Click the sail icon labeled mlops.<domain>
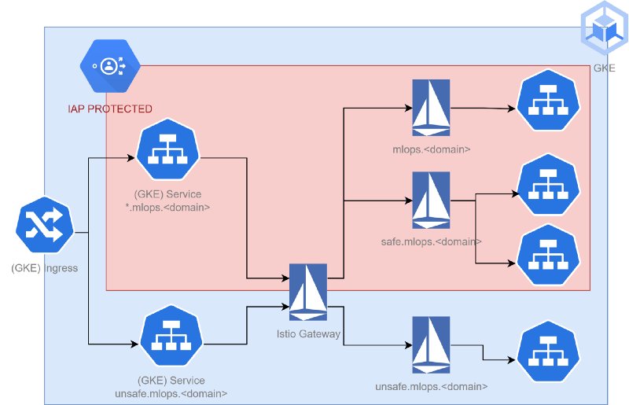pos(430,108)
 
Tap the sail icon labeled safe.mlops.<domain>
pos(430,201)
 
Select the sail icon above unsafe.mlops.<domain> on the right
pos(430,344)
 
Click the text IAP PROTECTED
pos(110,109)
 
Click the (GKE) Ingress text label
pos(45,268)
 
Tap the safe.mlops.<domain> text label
pos(425,241)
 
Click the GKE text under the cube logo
pos(604,68)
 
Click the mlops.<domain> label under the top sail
pos(431,147)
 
